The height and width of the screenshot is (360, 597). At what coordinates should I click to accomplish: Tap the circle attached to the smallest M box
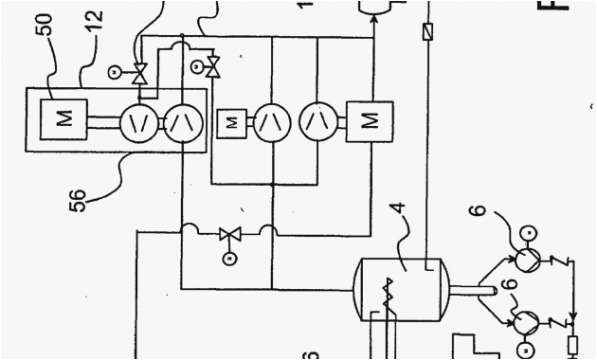click(x=272, y=120)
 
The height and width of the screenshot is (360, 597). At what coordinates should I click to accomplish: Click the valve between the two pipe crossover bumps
click(x=227, y=233)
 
